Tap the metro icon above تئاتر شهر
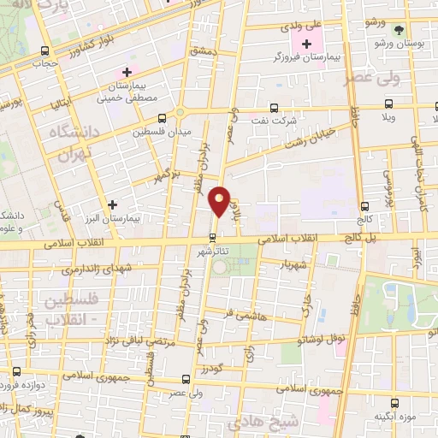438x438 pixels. (x=213, y=238)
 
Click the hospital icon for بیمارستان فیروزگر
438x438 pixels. (x=307, y=43)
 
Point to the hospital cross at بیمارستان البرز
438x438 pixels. (x=112, y=204)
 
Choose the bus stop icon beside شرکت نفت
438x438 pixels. (x=274, y=108)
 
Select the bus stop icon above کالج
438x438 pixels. (x=365, y=206)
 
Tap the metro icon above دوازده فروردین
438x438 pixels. (x=17, y=372)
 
